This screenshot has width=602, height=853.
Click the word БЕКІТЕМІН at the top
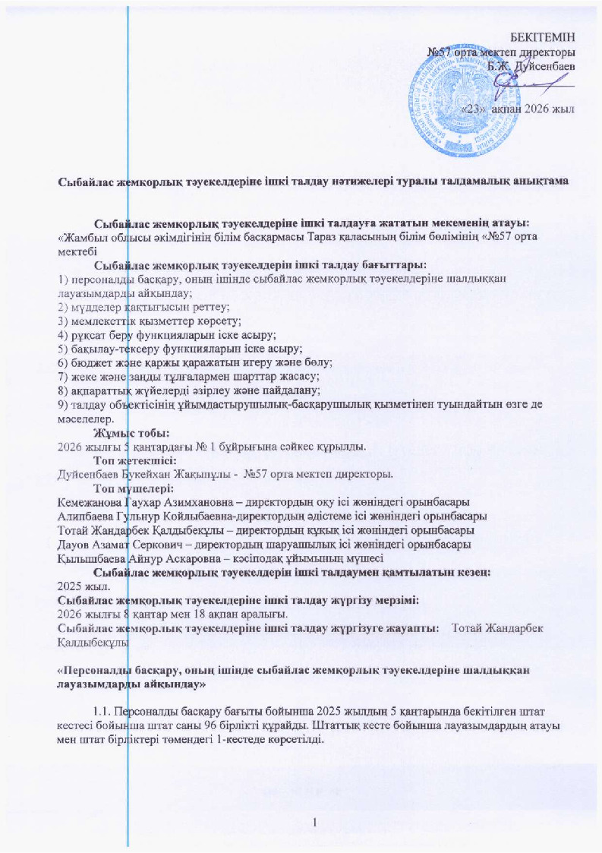[x=543, y=37]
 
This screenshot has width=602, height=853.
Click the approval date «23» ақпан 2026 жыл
[x=516, y=110]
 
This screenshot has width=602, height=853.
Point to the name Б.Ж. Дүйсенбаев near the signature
[x=531, y=66]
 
